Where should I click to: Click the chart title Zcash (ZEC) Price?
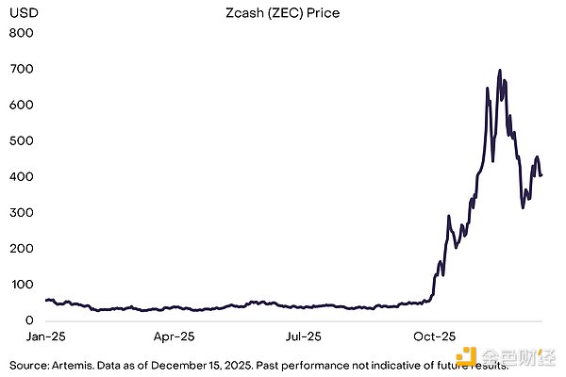[289, 14]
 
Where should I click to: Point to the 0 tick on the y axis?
[28, 320]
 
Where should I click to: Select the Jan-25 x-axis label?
[46, 336]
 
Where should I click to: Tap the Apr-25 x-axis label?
[174, 336]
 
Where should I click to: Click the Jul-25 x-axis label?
[301, 336]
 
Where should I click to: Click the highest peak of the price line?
[499, 70]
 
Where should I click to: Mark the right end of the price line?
[541, 175]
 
